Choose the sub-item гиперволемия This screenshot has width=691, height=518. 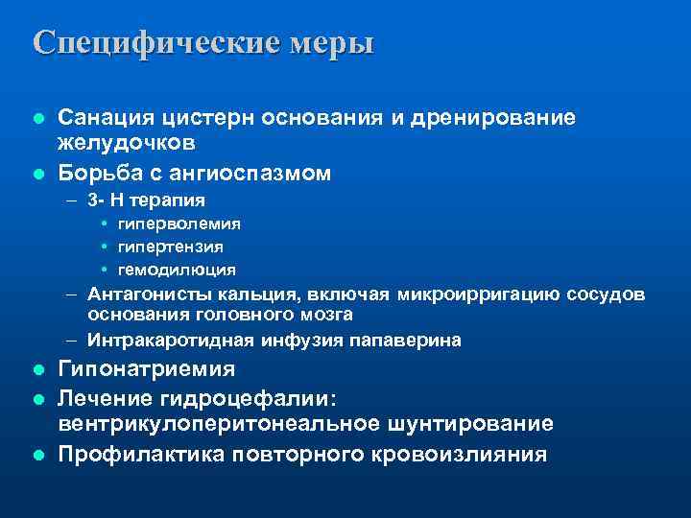(179, 224)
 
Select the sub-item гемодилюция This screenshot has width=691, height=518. (177, 270)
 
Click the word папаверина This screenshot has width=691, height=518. (411, 340)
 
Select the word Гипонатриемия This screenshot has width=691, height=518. (147, 369)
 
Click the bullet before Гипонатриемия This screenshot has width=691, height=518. (37, 369)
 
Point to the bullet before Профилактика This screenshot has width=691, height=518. (37, 454)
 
